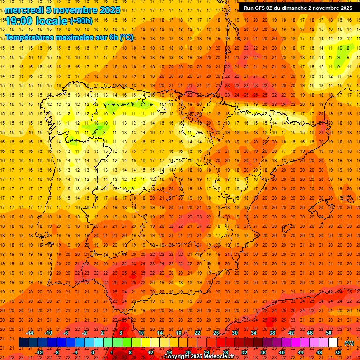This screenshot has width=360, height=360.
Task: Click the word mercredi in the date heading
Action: click(24, 10)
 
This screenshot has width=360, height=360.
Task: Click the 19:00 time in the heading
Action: click(20, 21)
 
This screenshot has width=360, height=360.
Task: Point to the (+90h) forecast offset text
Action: click(81, 21)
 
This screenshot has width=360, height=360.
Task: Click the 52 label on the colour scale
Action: click(337, 352)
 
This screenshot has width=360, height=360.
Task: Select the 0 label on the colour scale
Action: click(93, 352)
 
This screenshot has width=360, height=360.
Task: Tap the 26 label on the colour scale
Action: click(216, 333)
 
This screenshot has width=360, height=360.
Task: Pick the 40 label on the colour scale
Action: click(281, 352)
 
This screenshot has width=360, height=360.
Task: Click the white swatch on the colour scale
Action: click(333, 343)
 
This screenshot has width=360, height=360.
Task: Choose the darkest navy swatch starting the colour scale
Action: click(23, 343)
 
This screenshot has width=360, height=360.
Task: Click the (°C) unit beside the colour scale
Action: click(349, 343)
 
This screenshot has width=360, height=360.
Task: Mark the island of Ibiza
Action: click(288, 228)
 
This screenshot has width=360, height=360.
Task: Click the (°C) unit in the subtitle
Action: click(127, 37)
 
